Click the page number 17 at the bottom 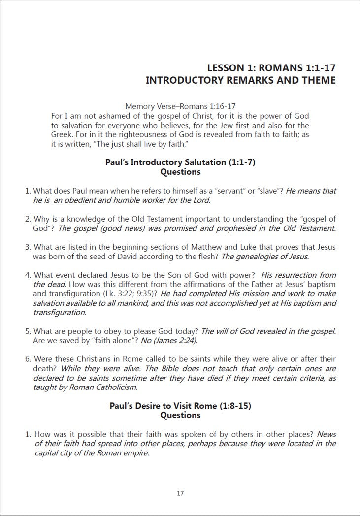180,493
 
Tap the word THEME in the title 316,80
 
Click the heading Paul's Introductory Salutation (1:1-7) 180,162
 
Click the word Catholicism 115,387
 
